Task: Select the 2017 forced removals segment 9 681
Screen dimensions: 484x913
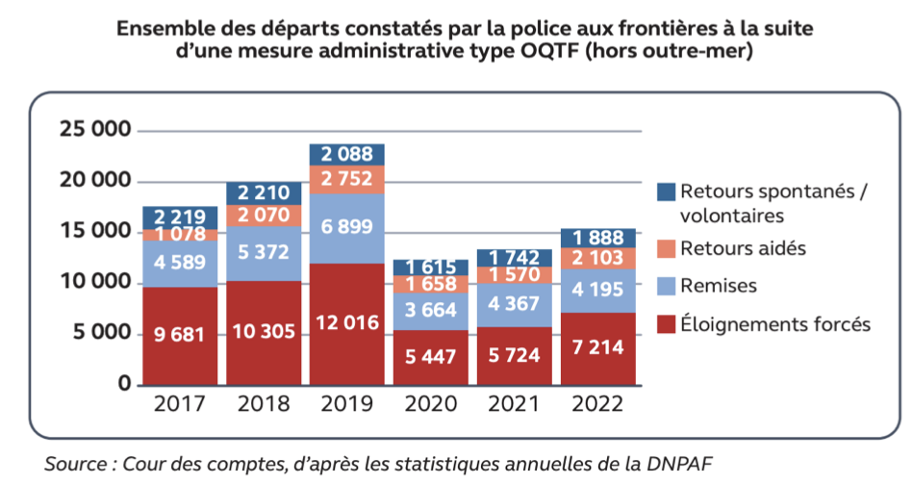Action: point(180,336)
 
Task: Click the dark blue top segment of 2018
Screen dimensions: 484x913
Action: point(265,192)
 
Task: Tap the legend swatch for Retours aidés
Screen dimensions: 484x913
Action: point(665,249)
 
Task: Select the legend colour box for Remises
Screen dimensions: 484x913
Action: point(665,287)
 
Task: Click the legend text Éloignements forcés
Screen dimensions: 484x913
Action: point(774,324)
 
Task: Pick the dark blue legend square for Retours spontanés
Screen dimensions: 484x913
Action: point(665,191)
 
